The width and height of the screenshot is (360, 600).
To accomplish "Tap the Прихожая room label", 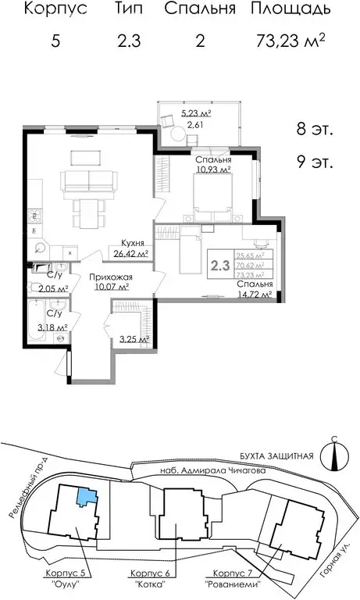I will pos(109,277).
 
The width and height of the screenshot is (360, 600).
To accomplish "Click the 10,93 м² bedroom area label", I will pos(212,169).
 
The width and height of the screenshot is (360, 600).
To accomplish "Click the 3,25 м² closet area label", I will pos(133,339).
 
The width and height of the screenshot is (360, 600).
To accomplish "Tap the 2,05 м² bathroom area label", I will pos(52,287).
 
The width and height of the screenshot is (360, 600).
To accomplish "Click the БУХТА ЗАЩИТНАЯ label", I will pos(277,455).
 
